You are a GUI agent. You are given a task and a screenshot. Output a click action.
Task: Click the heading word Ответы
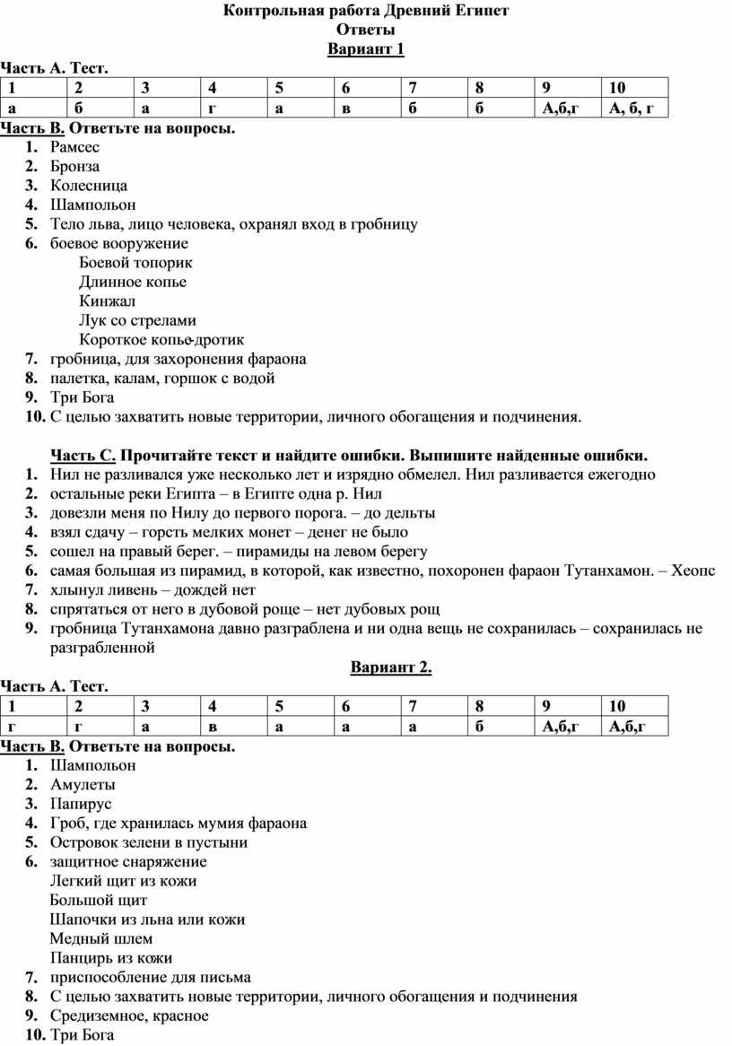point(365,30)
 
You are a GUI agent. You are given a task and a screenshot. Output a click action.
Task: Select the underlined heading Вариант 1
point(366,48)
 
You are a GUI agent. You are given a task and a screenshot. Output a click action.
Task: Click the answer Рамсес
point(75,146)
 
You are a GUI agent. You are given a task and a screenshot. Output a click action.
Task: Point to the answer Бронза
point(74,166)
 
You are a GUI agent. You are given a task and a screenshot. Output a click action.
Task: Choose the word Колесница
point(89,186)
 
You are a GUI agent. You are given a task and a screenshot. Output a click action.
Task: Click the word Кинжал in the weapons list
point(107,301)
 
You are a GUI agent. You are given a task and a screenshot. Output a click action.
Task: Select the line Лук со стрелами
point(137,320)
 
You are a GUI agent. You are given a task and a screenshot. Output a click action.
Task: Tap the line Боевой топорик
point(135,263)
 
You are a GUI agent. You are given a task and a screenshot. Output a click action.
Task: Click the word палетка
point(78,379)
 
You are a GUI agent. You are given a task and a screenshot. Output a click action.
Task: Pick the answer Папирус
point(81,804)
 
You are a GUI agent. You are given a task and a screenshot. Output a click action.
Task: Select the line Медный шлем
point(101,938)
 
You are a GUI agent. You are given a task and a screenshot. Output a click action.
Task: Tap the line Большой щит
point(99,900)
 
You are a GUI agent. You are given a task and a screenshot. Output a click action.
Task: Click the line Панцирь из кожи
point(111,958)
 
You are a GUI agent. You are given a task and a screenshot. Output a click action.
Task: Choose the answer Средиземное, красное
point(129,1015)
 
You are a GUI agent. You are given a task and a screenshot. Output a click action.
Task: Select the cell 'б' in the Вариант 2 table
point(480,726)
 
